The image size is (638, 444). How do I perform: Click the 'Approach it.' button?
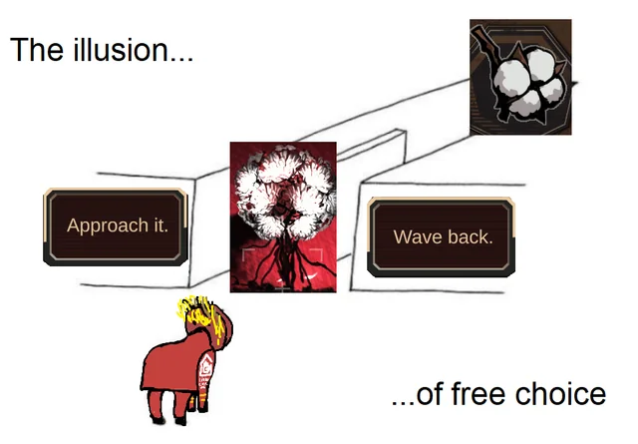point(117,225)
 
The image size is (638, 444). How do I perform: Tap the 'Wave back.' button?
point(443,236)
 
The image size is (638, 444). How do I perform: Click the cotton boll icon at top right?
point(520,77)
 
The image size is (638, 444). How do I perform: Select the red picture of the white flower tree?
point(283,216)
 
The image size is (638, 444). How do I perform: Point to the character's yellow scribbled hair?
point(197,311)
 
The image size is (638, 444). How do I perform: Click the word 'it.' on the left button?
point(159,225)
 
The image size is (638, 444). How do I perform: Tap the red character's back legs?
point(156,401)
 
